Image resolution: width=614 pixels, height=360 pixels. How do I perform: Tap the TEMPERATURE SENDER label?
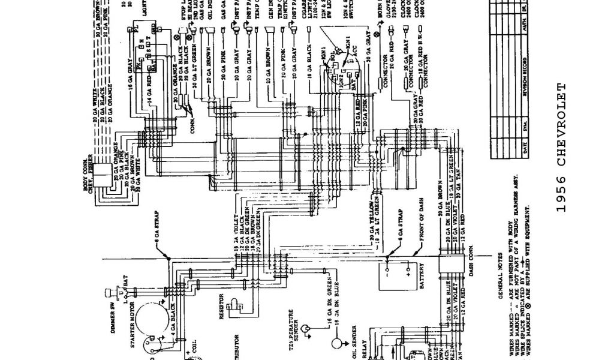292,329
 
